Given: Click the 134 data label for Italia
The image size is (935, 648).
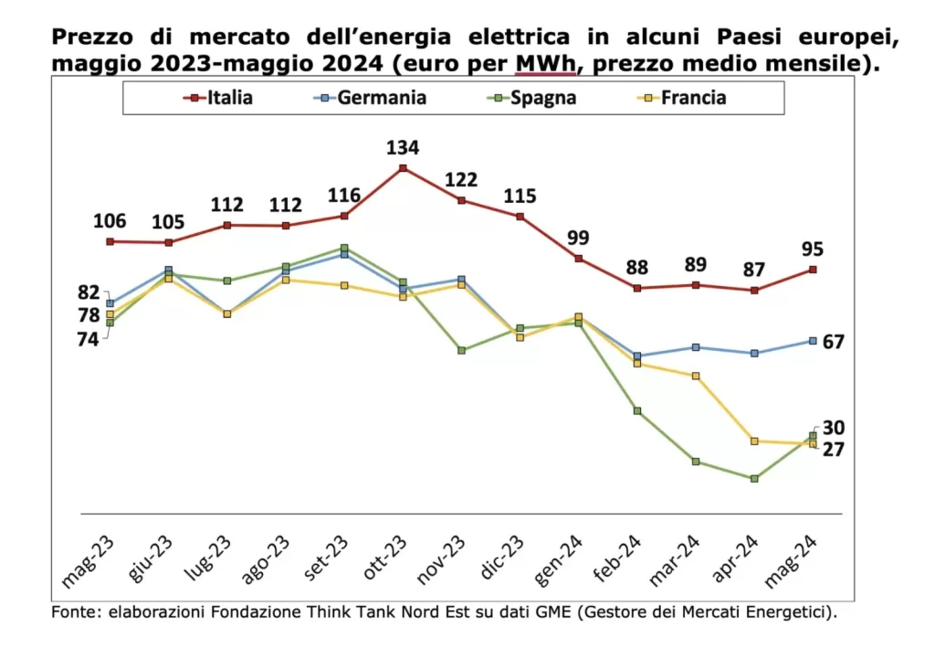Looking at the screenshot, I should click(403, 147).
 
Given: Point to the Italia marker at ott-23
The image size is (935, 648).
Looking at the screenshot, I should click(403, 168).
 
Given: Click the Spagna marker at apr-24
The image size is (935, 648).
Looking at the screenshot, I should click(754, 478).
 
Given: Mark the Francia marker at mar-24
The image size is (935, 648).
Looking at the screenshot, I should click(696, 376).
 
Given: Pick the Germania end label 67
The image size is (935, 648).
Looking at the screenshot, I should click(833, 342).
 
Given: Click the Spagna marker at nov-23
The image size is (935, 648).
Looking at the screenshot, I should click(461, 350).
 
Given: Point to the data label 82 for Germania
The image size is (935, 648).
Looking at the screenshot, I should click(89, 292).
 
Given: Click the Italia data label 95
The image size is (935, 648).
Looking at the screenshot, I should click(813, 249).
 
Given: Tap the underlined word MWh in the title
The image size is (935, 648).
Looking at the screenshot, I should click(543, 66).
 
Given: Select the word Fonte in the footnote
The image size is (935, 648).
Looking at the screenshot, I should click(74, 611).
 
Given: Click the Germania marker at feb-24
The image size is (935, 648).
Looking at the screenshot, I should click(637, 356).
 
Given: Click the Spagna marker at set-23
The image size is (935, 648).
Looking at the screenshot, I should click(344, 248).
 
